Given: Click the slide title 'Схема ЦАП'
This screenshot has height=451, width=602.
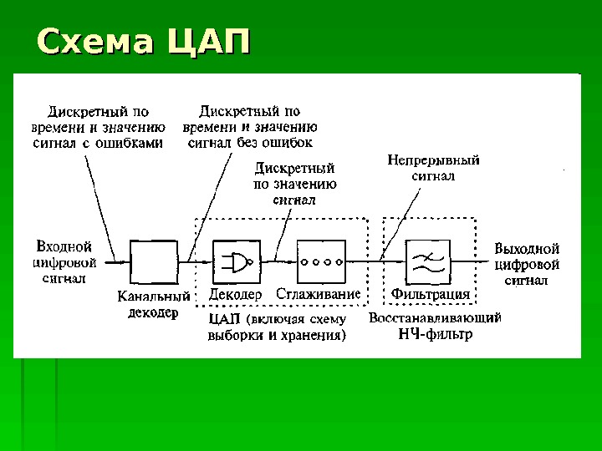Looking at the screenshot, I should pyautogui.click(x=144, y=43).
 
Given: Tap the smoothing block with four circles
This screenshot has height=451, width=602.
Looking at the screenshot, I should pyautogui.click(x=321, y=261).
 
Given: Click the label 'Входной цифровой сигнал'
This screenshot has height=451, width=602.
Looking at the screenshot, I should pyautogui.click(x=64, y=262).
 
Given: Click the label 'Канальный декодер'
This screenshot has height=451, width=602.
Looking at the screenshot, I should pyautogui.click(x=154, y=304).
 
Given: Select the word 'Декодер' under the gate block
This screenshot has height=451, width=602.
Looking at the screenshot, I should pyautogui.click(x=236, y=294).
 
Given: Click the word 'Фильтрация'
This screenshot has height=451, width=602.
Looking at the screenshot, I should pyautogui.click(x=431, y=294).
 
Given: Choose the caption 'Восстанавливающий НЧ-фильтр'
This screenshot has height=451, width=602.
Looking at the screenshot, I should pyautogui.click(x=435, y=326).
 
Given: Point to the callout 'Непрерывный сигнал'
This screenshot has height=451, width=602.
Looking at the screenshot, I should pyautogui.click(x=433, y=168).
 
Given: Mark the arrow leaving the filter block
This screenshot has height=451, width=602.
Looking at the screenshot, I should pyautogui.click(x=472, y=261).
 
